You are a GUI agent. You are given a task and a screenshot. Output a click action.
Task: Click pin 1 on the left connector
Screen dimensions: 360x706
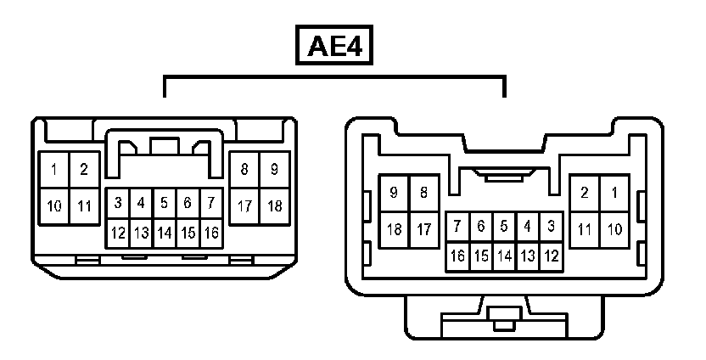(x=53, y=170)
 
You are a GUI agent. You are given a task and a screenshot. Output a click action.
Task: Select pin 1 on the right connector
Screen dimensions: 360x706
(x=614, y=193)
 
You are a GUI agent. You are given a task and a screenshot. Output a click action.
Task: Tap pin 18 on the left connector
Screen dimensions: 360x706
(x=274, y=205)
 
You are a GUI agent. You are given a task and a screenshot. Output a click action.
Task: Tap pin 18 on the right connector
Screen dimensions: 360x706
(x=394, y=229)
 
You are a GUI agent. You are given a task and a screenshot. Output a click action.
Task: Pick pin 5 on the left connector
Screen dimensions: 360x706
(x=165, y=204)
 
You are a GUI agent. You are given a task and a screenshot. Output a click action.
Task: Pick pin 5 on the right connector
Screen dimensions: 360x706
(x=504, y=227)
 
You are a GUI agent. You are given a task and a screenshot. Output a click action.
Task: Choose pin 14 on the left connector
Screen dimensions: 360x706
(x=165, y=232)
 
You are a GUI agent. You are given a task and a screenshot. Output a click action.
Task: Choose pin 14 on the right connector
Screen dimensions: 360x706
(x=504, y=255)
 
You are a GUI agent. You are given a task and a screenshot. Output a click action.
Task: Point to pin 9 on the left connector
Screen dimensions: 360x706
(x=274, y=170)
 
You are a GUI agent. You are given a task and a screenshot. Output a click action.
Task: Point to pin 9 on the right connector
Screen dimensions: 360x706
(x=394, y=193)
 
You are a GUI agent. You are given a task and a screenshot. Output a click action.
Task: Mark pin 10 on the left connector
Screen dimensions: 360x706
(x=53, y=205)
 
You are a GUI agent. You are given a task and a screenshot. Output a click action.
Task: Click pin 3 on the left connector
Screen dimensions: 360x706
(x=118, y=204)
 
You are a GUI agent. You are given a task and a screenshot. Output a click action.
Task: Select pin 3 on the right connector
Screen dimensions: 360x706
(x=551, y=227)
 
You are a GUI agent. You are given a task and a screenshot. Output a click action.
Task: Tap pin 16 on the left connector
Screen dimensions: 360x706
(x=211, y=232)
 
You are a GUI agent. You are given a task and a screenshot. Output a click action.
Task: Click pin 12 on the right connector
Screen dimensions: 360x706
(x=551, y=255)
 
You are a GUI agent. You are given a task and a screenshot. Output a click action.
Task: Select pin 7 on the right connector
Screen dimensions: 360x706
(x=457, y=227)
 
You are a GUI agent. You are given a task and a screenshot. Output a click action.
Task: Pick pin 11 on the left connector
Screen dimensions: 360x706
(x=84, y=205)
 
